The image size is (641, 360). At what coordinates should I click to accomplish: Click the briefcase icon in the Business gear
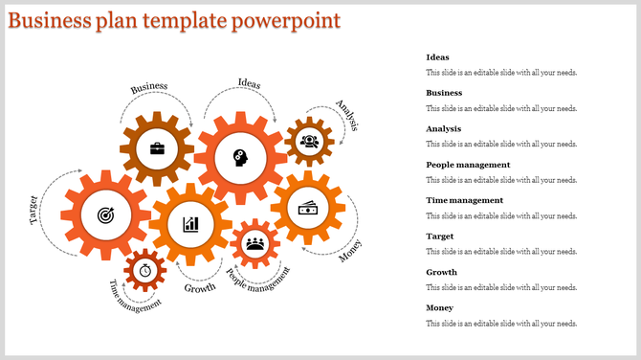click(x=156, y=149)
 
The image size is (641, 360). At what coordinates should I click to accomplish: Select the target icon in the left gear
click(x=103, y=216)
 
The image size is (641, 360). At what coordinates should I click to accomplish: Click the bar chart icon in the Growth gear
click(x=190, y=224)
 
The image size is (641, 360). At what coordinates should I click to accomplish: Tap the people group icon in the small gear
click(x=254, y=243)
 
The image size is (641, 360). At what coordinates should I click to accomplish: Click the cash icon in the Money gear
click(x=307, y=208)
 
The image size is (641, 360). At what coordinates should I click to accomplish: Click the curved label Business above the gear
click(x=149, y=87)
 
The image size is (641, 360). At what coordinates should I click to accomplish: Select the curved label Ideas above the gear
click(x=249, y=83)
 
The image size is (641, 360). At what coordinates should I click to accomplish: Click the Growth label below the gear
click(x=200, y=287)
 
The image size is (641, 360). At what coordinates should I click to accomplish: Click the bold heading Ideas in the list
click(x=437, y=57)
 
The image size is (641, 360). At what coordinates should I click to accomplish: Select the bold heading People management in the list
click(x=468, y=165)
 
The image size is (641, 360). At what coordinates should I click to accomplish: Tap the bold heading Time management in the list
click(x=464, y=200)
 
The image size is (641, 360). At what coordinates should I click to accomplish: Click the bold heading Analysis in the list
click(x=444, y=128)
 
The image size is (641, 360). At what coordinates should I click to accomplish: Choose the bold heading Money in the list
click(x=440, y=307)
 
